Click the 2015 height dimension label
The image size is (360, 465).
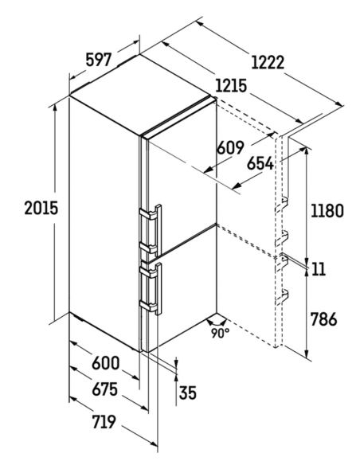coord(41,208)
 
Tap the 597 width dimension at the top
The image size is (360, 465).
coord(99,60)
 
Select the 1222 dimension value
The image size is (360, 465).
coord(268,62)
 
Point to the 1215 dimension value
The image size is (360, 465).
coord(231,86)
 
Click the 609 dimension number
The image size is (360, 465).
coord(230,147)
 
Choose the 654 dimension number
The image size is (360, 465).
coord(260,163)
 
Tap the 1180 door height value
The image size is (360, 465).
coord(327,210)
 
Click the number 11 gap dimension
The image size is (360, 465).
coord(319,269)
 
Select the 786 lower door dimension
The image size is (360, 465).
coord(323,319)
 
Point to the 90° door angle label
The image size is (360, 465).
coord(220,334)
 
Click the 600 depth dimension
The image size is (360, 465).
coord(105,363)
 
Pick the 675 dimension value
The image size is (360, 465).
coord(104,389)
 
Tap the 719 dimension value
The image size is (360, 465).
coord(104,422)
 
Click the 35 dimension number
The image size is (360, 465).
coord(188,393)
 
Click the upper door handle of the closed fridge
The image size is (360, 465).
coord(150,228)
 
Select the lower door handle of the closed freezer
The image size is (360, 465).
coord(150,288)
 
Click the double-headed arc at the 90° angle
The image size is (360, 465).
coord(217,322)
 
